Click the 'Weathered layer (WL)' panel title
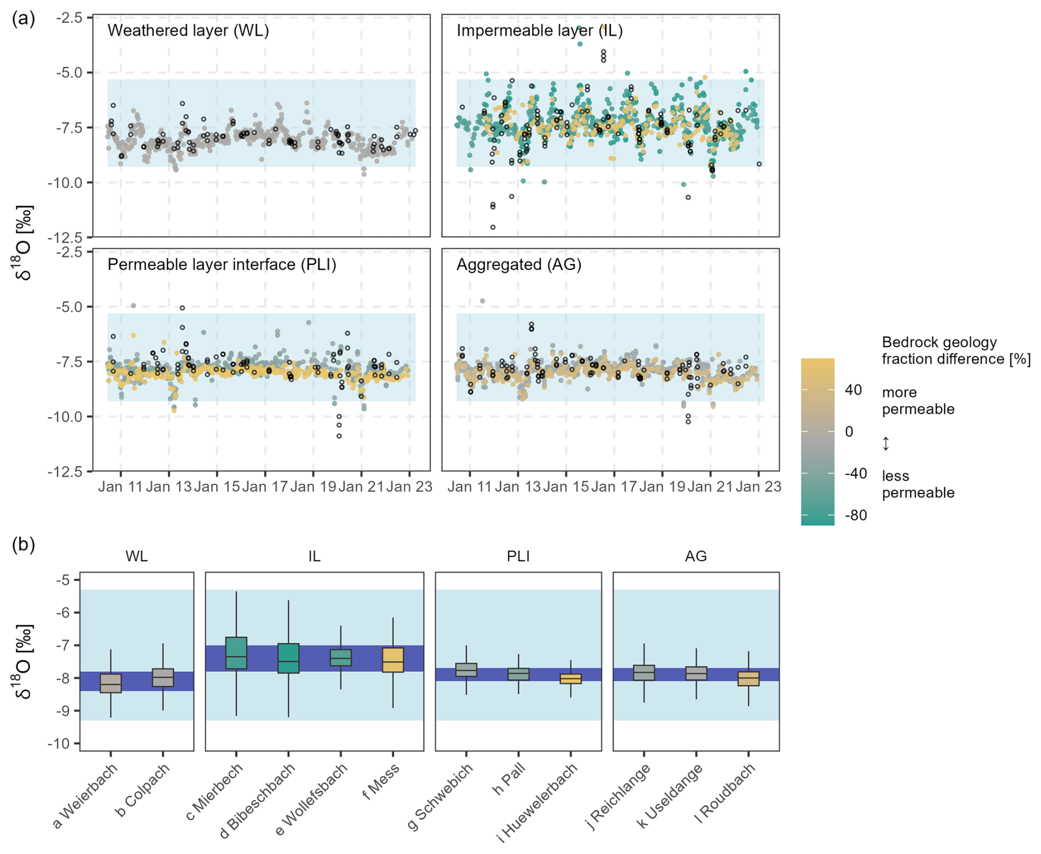pyautogui.click(x=188, y=30)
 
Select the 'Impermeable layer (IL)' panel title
pyautogui.click(x=539, y=30)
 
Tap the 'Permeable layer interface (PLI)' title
pyautogui.click(x=222, y=265)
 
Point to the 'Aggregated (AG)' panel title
pyautogui.click(x=519, y=265)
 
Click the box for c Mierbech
pyautogui.click(x=236, y=653)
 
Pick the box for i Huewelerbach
pyautogui.click(x=571, y=678)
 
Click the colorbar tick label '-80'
pyautogui.click(x=856, y=516)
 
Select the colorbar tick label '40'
pyautogui.click(x=853, y=390)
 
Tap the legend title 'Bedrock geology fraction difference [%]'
pyautogui.click(x=956, y=351)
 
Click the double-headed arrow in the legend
pyautogui.click(x=886, y=444)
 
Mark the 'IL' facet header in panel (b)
pyautogui.click(x=314, y=556)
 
